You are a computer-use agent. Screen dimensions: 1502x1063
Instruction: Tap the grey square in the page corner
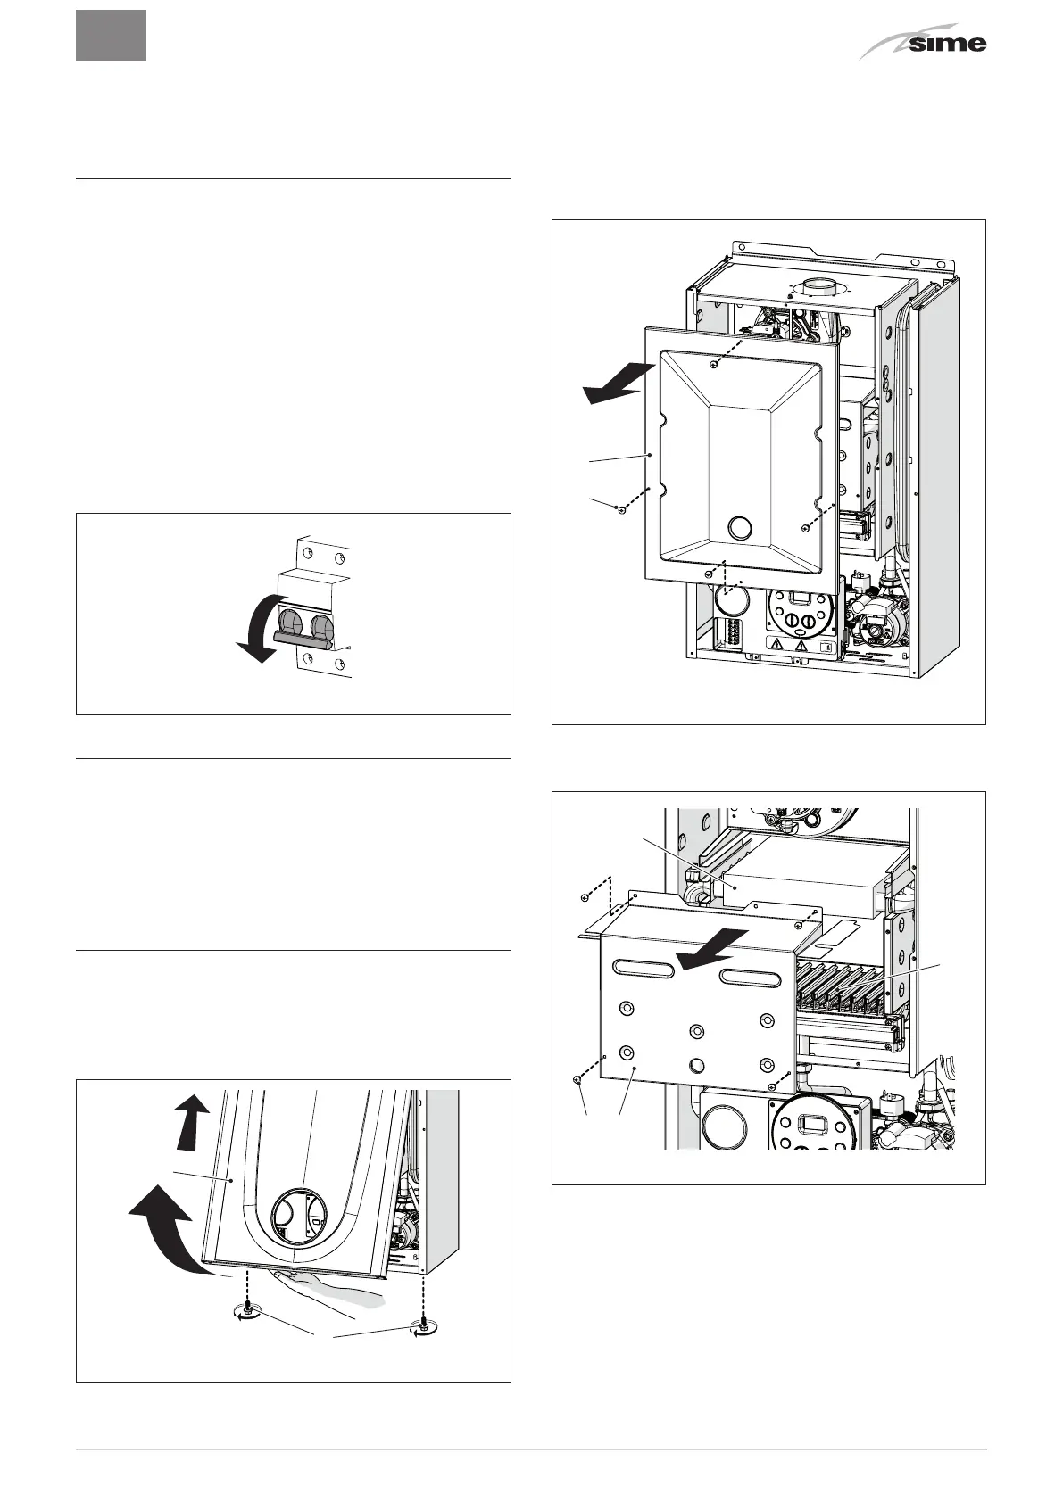[111, 35]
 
